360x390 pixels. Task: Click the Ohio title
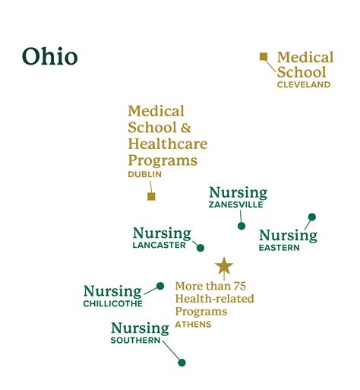point(49,57)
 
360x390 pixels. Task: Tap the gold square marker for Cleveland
point(264,56)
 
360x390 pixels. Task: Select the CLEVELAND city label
point(304,85)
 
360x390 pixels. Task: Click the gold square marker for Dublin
point(151,196)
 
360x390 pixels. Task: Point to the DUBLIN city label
point(145,175)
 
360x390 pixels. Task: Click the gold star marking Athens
point(223,266)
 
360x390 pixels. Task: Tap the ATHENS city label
point(193,325)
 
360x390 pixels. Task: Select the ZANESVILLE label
point(236,205)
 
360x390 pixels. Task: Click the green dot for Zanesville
point(242,226)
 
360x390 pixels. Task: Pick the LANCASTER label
point(159,246)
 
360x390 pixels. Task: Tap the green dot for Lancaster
point(201,247)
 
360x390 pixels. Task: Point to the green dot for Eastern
point(311,217)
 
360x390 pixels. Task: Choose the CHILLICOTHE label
point(112,304)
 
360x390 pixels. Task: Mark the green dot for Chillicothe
point(160,287)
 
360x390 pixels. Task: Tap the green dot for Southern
point(182,363)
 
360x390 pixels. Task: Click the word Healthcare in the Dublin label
point(167,144)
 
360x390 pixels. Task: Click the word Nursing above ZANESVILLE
point(238,192)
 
